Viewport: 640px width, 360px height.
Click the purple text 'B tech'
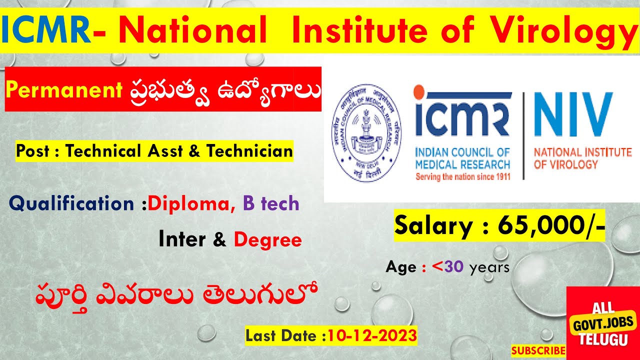click(x=271, y=203)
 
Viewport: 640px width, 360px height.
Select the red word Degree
click(x=267, y=240)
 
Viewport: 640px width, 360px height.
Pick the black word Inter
click(x=182, y=240)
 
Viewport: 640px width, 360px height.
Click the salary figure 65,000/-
click(x=551, y=226)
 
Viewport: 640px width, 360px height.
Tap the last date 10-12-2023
click(x=371, y=335)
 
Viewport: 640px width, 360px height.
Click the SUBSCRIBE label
click(x=538, y=350)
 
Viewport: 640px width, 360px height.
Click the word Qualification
click(x=71, y=203)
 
